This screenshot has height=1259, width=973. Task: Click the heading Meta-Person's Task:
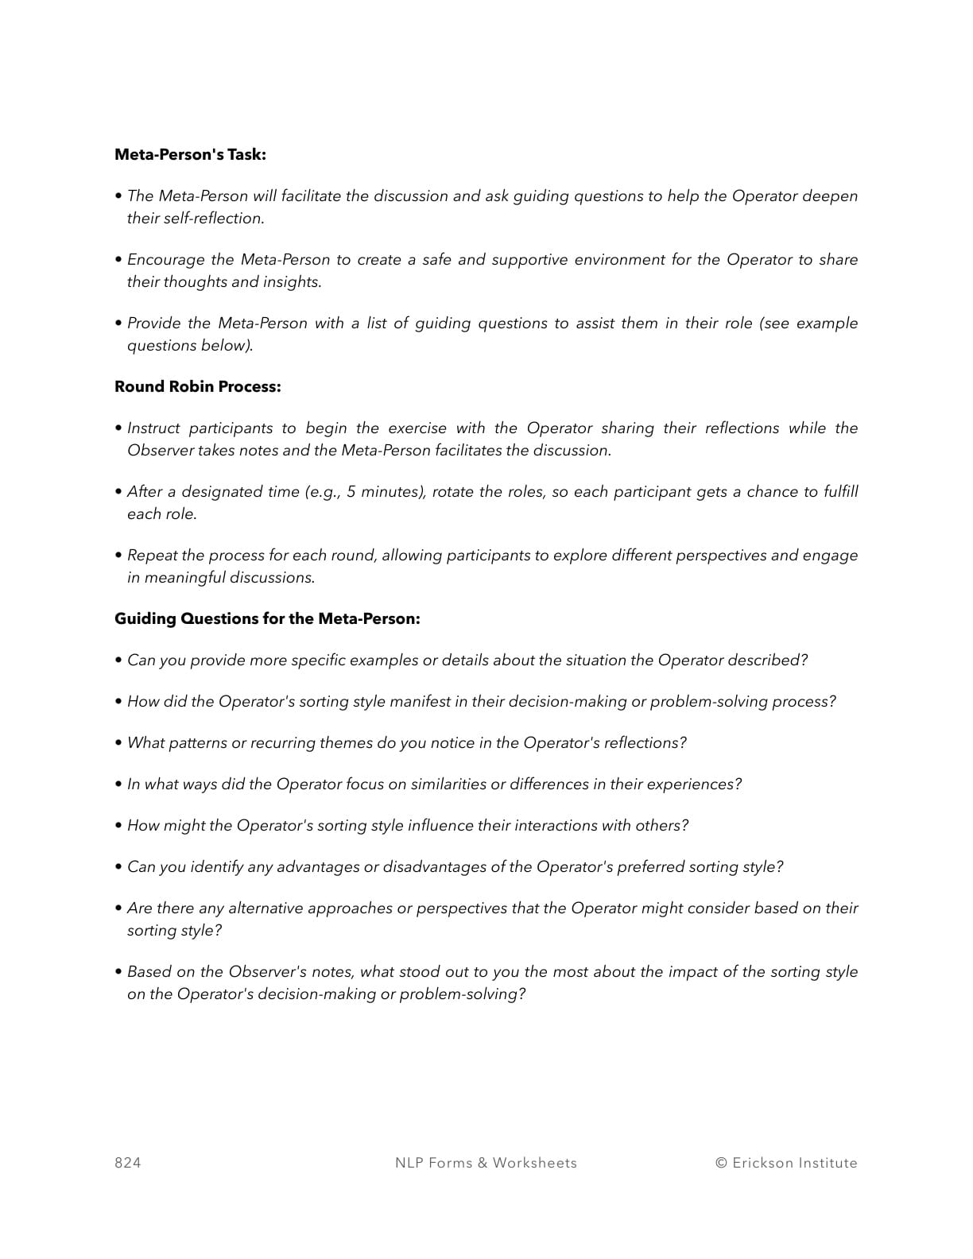point(190,154)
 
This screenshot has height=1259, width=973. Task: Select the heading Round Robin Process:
point(197,386)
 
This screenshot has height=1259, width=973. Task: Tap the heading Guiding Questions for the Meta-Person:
point(267,618)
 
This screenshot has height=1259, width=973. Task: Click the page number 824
point(128,1163)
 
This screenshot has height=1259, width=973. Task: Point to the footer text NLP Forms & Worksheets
point(486,1163)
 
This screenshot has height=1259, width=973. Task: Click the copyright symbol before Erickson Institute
point(721,1163)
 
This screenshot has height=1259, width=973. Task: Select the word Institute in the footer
point(828,1163)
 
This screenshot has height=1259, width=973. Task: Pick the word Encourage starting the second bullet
point(169,259)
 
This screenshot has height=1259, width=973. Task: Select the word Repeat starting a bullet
point(152,555)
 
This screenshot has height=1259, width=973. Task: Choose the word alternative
point(266,908)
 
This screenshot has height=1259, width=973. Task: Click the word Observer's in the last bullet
point(266,971)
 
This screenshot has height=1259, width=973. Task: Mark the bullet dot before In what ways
point(118,784)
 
